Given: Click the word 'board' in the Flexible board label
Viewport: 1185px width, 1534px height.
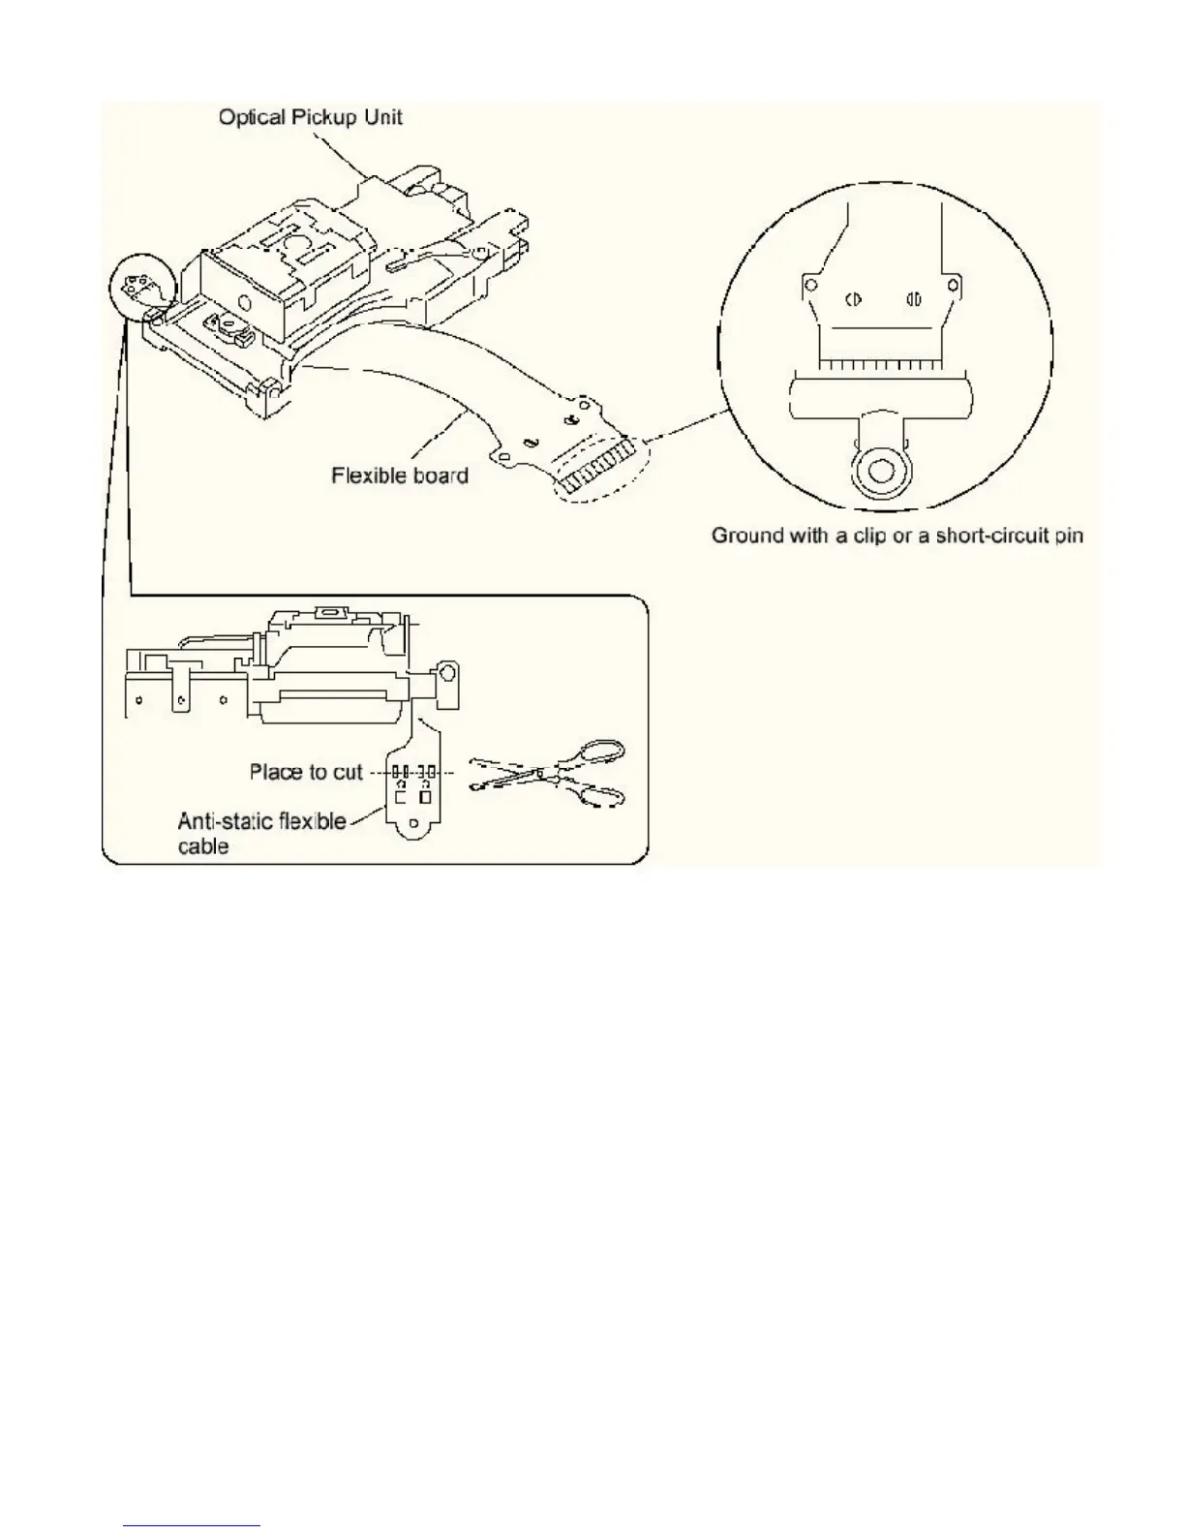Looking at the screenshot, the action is (437, 476).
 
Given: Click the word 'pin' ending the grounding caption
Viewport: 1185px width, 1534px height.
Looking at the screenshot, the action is (1070, 536).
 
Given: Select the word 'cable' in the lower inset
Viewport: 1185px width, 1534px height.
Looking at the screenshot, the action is (203, 846).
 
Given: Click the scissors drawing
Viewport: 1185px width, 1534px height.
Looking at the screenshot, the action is (548, 774).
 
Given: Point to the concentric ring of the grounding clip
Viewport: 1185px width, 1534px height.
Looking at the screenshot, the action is (880, 473).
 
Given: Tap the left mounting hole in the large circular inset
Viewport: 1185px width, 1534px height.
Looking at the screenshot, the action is (810, 285).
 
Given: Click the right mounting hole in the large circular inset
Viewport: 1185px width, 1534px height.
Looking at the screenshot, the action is (955, 285).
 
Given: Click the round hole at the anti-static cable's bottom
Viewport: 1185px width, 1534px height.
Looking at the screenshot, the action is (414, 824).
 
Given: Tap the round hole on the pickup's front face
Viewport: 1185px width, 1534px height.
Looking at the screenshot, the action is (448, 671).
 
